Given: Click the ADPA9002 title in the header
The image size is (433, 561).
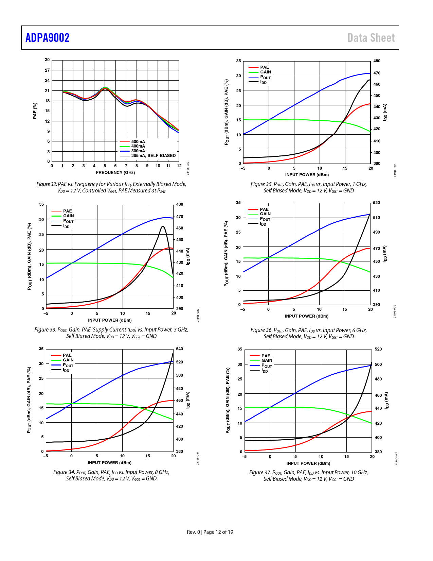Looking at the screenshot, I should click(x=48, y=38).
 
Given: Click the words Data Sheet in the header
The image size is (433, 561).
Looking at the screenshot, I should click(x=371, y=38).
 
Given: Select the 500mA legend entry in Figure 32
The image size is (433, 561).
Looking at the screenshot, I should click(x=138, y=142).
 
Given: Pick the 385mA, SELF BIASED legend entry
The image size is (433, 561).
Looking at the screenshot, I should click(x=153, y=156).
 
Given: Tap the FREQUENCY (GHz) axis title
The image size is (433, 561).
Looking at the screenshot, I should click(x=115, y=173).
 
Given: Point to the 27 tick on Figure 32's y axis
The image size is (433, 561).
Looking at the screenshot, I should click(x=47, y=70).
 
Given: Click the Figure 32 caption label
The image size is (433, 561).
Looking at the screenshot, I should click(x=47, y=184).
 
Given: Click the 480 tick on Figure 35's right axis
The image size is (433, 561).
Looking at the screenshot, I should click(x=377, y=61).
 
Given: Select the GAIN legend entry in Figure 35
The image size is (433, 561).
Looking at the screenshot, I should click(x=265, y=72).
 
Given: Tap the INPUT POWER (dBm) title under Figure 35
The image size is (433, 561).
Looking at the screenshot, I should click(x=307, y=175).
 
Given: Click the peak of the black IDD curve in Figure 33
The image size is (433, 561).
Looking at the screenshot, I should click(x=163, y=226).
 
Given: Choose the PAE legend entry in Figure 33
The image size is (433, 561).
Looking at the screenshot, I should click(x=67, y=211).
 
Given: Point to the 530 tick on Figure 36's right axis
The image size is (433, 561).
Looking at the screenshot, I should click(x=376, y=203).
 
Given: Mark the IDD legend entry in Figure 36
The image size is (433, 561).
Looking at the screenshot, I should click(x=263, y=224).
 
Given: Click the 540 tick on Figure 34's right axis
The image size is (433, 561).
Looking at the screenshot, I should click(x=179, y=349).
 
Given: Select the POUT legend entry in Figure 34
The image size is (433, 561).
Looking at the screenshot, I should click(x=68, y=365).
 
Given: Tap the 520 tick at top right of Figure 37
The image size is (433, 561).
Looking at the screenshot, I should click(x=378, y=349).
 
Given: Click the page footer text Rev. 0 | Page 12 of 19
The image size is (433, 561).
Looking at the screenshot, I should click(x=210, y=532).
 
